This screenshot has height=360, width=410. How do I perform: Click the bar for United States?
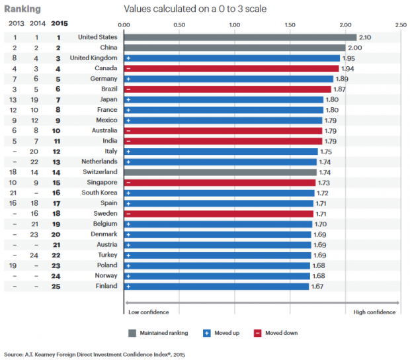240,37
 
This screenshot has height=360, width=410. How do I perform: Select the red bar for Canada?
231,68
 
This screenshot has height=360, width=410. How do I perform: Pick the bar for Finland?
216,287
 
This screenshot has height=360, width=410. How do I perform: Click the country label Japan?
107,99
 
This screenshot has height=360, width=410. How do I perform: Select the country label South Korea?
99,193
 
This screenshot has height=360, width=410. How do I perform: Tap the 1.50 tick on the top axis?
289,24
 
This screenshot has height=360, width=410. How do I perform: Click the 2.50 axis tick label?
400,24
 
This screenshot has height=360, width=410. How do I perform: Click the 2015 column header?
59,23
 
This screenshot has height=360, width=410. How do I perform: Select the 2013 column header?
15,23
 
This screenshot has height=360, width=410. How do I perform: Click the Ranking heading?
22,9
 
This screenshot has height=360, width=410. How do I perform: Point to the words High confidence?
374,312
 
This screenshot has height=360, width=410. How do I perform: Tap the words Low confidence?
148,312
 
